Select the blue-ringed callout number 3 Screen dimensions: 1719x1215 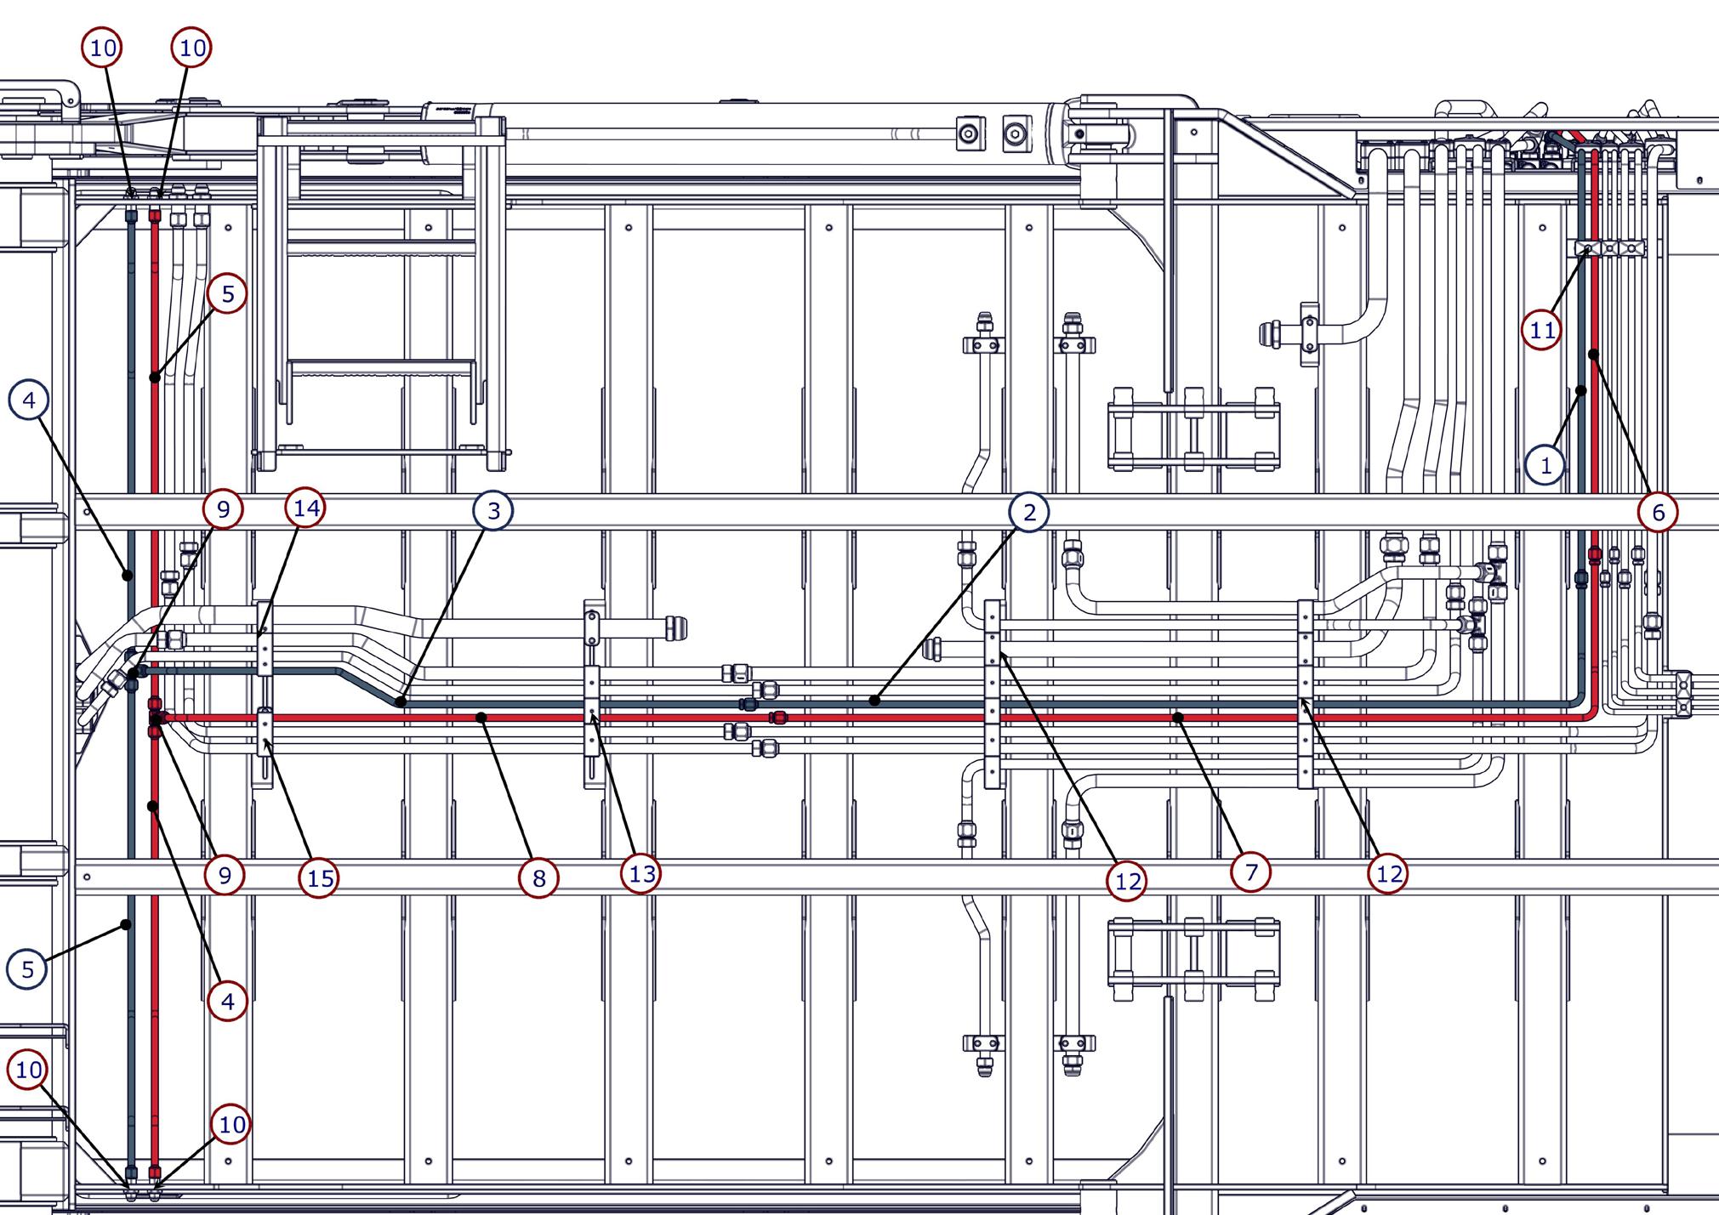(x=493, y=513)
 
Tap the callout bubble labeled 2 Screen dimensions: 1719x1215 (x=1029, y=512)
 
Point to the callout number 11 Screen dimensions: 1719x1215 (x=1542, y=330)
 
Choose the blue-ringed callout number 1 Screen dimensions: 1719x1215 (x=1546, y=465)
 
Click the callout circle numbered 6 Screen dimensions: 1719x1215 (x=1658, y=513)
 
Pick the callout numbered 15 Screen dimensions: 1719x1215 (x=320, y=878)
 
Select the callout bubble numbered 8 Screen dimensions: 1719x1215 (x=538, y=878)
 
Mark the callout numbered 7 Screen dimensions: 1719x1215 (x=1250, y=872)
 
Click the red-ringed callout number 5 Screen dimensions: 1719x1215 (x=227, y=294)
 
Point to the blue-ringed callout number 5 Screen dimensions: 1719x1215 (x=27, y=969)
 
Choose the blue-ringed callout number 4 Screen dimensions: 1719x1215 (x=29, y=400)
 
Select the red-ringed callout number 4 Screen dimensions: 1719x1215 (x=227, y=1002)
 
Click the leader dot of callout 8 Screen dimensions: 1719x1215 (x=481, y=718)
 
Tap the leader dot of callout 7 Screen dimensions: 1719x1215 (x=1178, y=718)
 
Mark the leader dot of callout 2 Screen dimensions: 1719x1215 (x=874, y=701)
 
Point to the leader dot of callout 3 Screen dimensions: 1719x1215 (x=401, y=702)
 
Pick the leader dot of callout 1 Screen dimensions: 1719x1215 (x=1580, y=390)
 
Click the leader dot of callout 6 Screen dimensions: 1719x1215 (x=1593, y=353)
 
